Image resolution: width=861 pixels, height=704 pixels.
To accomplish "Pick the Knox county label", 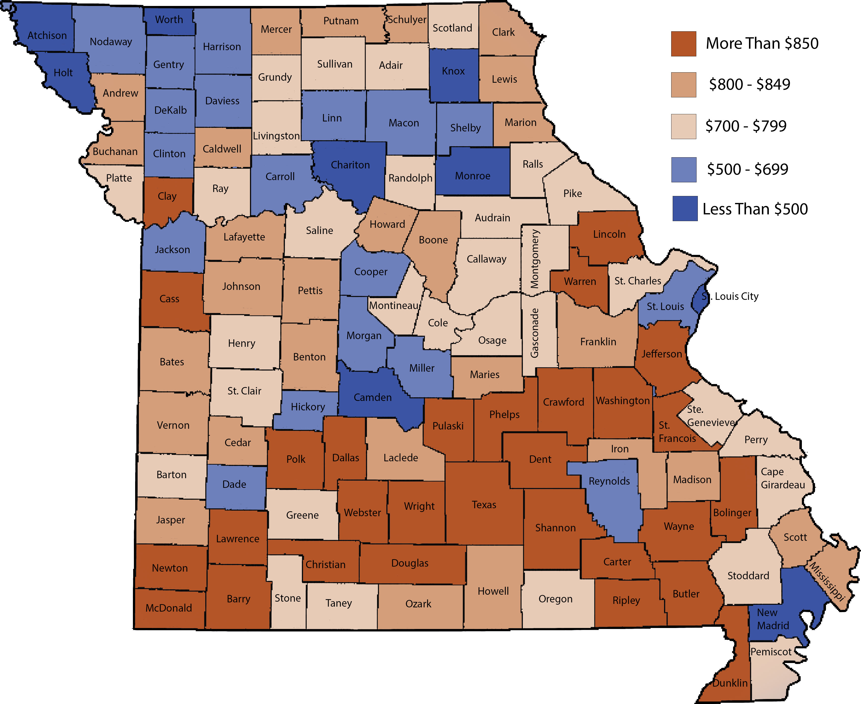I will point(453,71).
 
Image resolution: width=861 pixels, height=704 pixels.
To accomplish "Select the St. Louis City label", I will point(730,296).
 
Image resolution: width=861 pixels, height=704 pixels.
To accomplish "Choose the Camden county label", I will point(372,397).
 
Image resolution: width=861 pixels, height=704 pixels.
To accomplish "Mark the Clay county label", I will point(167,196).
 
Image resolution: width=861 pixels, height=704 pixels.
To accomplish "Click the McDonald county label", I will point(168,608).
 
